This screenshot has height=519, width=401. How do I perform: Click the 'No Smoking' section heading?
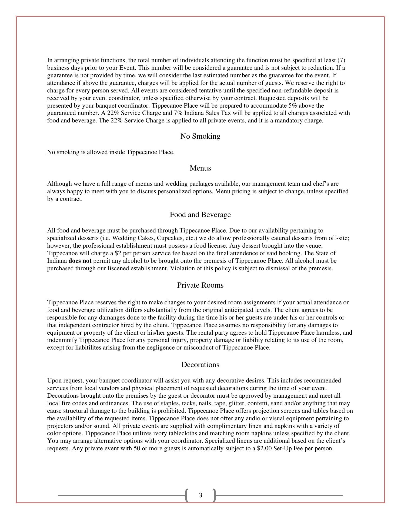pyautogui.click(x=200, y=136)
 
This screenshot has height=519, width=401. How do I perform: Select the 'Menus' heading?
pyautogui.click(x=200, y=168)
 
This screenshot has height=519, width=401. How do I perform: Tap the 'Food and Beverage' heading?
pyautogui.click(x=200, y=215)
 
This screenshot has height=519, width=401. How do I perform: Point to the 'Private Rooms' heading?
pyautogui.click(x=200, y=285)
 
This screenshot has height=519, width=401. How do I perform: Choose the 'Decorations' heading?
pyautogui.click(x=200, y=365)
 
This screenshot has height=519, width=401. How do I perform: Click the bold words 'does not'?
pyautogui.click(x=80, y=261)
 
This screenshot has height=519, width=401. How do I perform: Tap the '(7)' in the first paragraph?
pyautogui.click(x=341, y=60)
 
